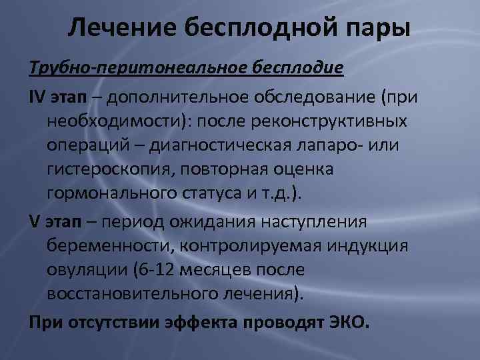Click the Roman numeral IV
37,97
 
